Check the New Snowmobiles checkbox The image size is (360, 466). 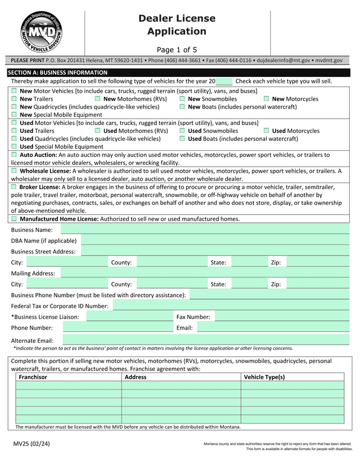point(183,99)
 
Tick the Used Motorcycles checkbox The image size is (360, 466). point(267,131)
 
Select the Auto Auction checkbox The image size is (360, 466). point(14,154)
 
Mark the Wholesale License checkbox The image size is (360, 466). point(14,171)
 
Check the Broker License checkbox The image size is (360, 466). point(14,186)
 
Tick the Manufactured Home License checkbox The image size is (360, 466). point(14,218)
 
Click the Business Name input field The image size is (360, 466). point(205,230)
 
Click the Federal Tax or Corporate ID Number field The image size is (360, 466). point(231,306)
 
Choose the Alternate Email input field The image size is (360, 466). point(205,340)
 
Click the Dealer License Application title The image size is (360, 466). point(177,25)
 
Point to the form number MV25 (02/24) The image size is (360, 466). point(31,444)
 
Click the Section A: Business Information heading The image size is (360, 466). point(57,73)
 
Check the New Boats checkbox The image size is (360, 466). point(183,107)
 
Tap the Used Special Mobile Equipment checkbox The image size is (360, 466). point(14,146)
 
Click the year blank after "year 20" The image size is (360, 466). point(224,82)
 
